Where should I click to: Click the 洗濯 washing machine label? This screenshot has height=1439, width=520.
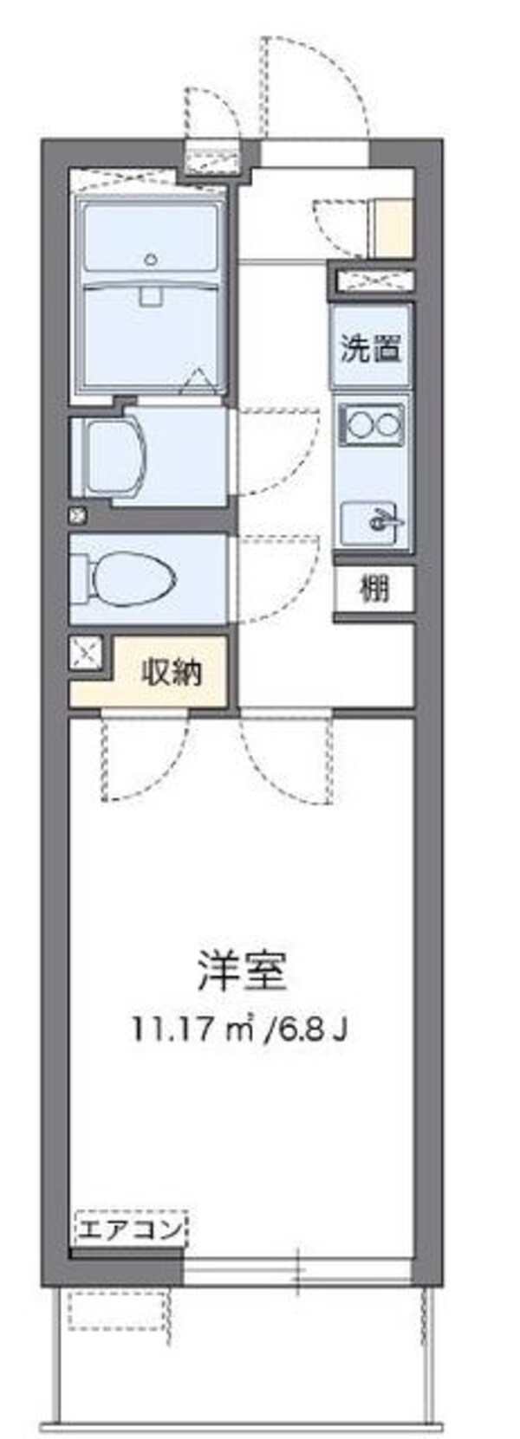click(x=370, y=349)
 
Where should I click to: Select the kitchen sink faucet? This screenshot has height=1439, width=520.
click(x=379, y=521)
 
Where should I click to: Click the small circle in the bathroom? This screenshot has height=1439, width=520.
click(x=153, y=257)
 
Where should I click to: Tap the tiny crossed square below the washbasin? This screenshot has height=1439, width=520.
click(x=78, y=516)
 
